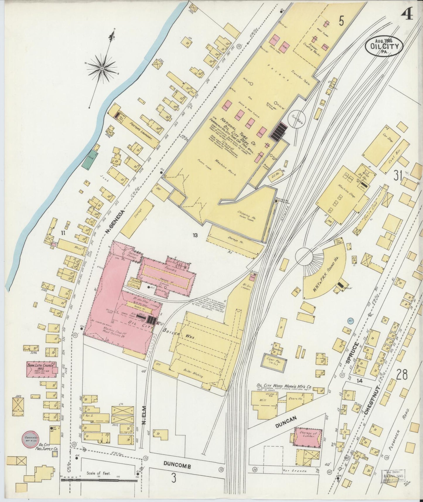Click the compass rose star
(x=102, y=69)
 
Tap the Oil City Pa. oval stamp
(x=384, y=46)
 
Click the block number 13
(x=196, y=235)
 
